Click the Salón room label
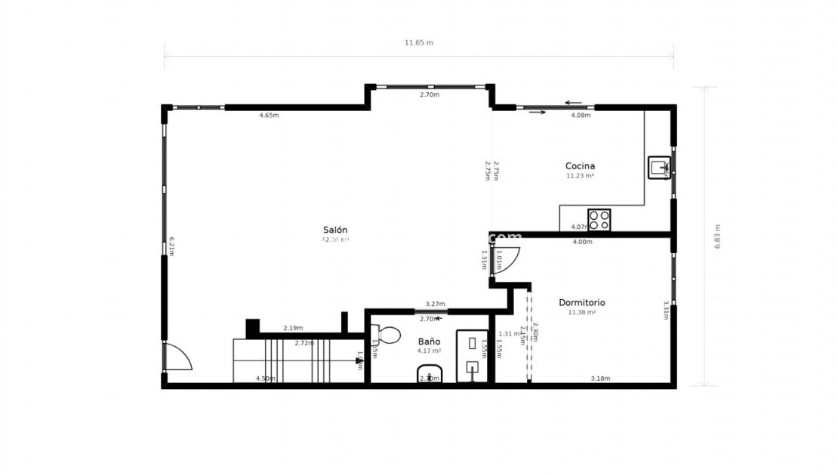[x=335, y=230]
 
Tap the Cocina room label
[x=580, y=165]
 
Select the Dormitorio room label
[x=581, y=302]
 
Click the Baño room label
[x=429, y=341]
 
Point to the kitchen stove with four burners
[x=599, y=220]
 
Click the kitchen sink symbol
[x=659, y=167]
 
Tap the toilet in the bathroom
[x=387, y=334]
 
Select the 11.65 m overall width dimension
[x=419, y=42]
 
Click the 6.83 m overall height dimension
[x=717, y=236]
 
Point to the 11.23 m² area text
[x=580, y=175]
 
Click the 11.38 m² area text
[x=581, y=312]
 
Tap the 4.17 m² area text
[x=429, y=351]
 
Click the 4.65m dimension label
[x=269, y=116]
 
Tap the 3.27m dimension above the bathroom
[x=435, y=304]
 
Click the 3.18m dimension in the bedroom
[x=600, y=378]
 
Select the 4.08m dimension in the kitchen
[x=581, y=116]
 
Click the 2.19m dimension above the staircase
[x=293, y=328]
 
